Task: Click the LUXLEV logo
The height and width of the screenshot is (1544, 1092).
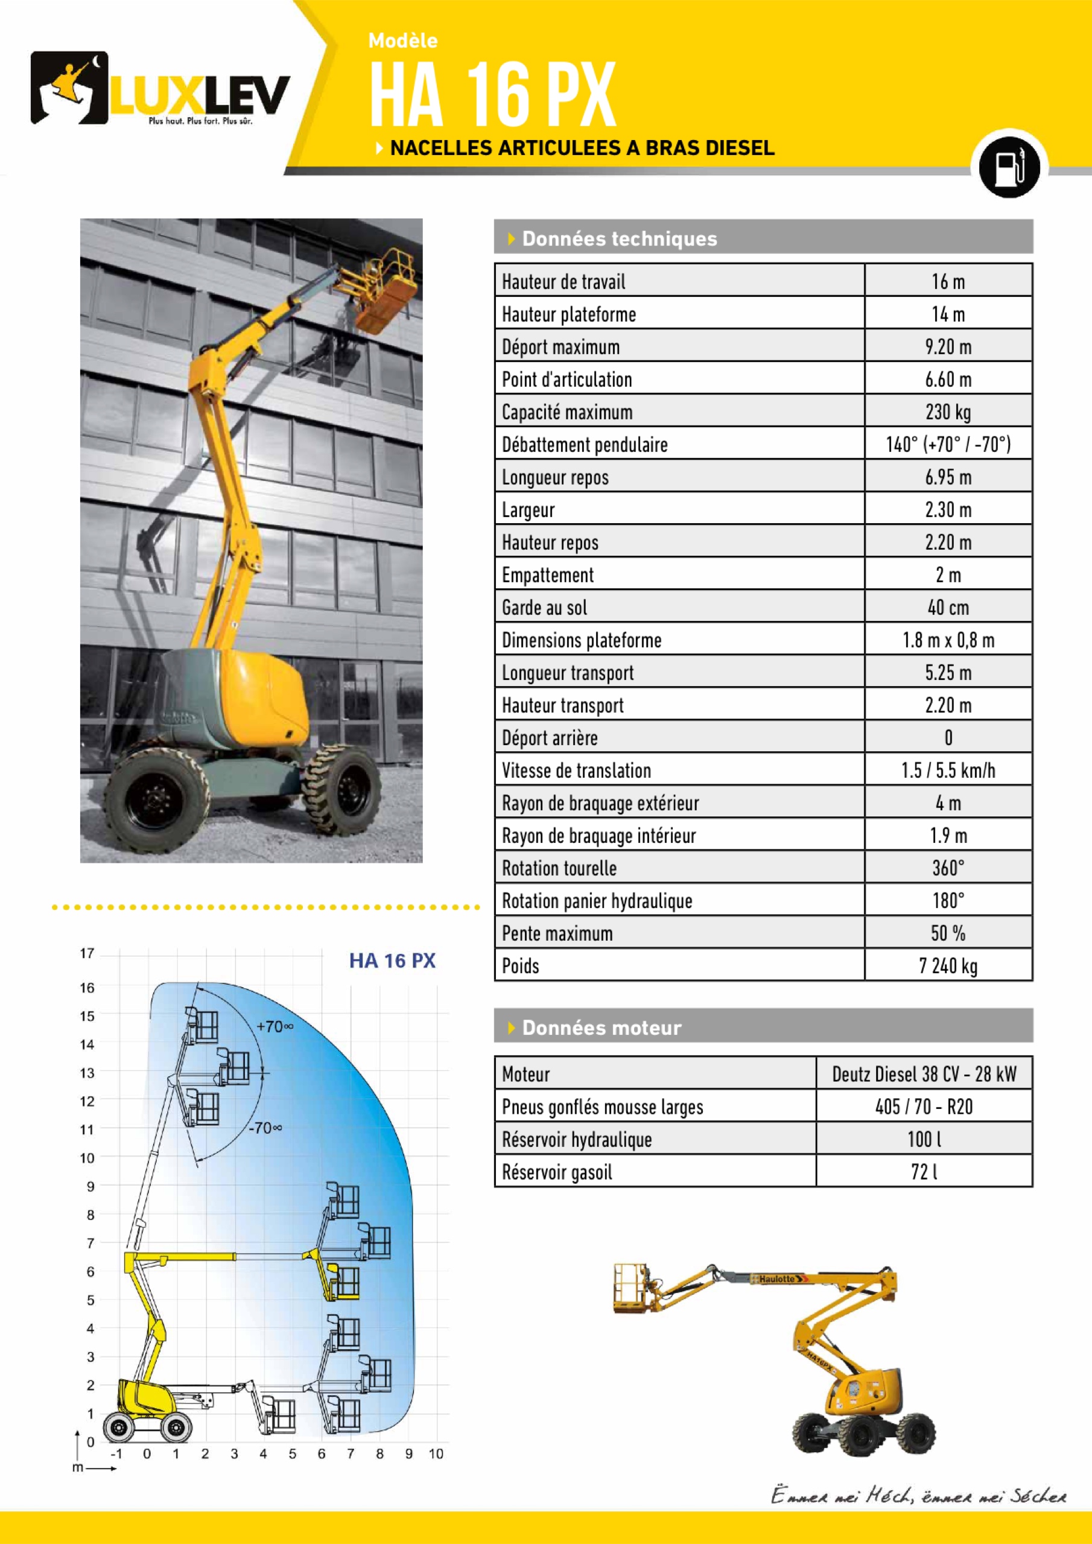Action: (x=160, y=89)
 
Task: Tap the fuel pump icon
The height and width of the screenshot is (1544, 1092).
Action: (x=1009, y=165)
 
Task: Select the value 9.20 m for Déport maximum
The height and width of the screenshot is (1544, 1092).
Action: (x=947, y=347)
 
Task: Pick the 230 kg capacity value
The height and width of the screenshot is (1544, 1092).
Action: (x=947, y=412)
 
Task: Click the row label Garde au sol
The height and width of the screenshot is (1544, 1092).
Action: (x=544, y=608)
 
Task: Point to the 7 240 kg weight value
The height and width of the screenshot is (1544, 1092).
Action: (x=947, y=967)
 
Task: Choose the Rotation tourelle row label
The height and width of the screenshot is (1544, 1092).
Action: (x=559, y=868)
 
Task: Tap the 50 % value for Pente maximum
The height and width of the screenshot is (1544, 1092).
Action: (x=947, y=933)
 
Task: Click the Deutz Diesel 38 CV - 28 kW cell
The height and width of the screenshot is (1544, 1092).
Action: (x=924, y=1074)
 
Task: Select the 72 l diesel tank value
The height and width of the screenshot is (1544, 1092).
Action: (x=924, y=1172)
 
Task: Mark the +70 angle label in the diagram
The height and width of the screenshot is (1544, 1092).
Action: (x=275, y=1027)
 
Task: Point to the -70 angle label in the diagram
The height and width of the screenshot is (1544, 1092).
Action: (x=265, y=1128)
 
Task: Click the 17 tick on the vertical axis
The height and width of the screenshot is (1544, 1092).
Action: (x=87, y=953)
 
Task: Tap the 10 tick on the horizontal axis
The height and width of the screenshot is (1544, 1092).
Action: (x=436, y=1454)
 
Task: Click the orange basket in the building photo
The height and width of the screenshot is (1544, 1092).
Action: (x=383, y=296)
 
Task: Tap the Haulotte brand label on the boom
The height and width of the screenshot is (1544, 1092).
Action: (x=779, y=1279)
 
